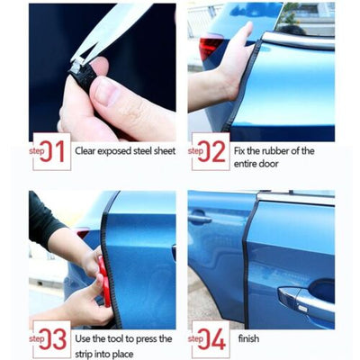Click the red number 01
coord(52,151)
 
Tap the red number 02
coord(211,151)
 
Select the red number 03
coord(53,339)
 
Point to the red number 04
coord(211,339)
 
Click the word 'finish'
coord(248,338)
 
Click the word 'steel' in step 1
coord(142,150)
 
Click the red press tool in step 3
coord(104,281)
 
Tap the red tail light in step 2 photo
coord(210,47)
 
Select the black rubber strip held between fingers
coord(83,75)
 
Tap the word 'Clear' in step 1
coord(85,150)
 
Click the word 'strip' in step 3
coord(83,354)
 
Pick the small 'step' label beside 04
coord(195,338)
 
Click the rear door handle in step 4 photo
coord(200,219)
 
